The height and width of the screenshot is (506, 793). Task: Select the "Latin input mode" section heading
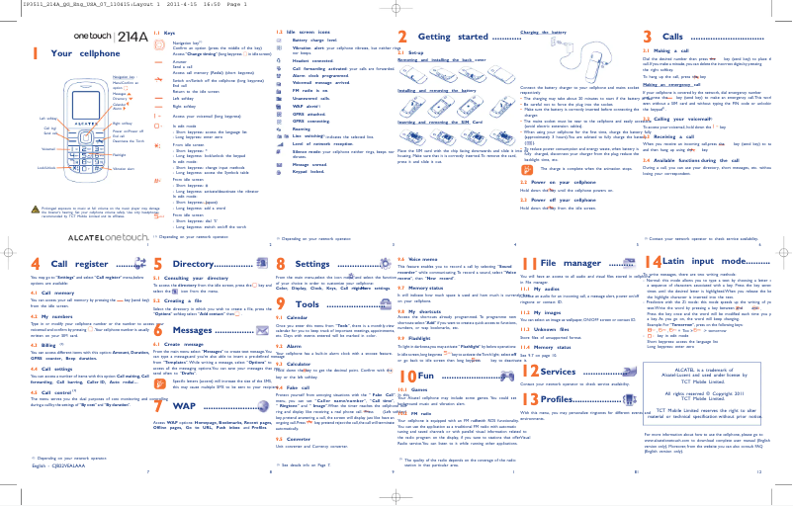tap(712, 264)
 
